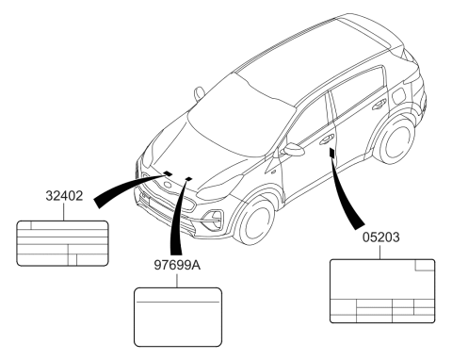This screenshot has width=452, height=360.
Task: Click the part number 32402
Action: click(x=64, y=196)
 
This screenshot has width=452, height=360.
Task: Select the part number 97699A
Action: click(x=177, y=266)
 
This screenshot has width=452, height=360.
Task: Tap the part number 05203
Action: click(x=381, y=237)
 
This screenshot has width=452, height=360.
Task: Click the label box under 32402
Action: click(x=62, y=243)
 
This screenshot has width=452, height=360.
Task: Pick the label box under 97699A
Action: click(x=178, y=317)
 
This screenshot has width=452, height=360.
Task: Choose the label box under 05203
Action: click(x=382, y=291)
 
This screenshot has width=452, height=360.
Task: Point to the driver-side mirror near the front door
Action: click(x=294, y=149)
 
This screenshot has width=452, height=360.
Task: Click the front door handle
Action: click(x=327, y=139)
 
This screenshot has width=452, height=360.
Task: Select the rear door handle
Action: click(x=379, y=105)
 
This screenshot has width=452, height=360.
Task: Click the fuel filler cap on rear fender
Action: click(x=399, y=95)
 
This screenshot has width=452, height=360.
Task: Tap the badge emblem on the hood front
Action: click(x=169, y=185)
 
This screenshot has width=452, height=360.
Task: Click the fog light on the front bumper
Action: click(x=214, y=219)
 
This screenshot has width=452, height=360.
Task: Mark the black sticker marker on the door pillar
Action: click(x=331, y=153)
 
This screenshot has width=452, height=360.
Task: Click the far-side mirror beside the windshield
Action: click(x=199, y=93)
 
